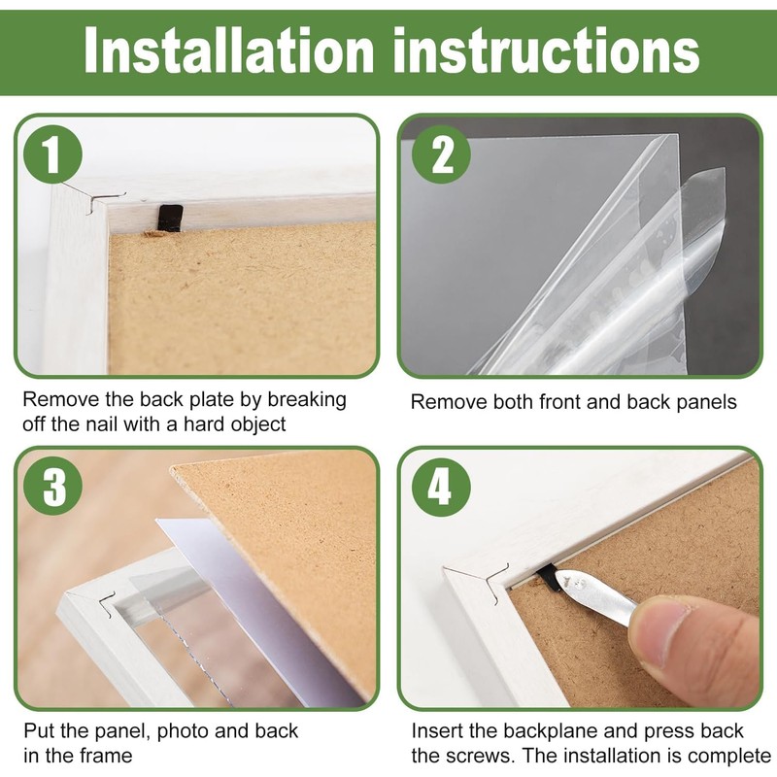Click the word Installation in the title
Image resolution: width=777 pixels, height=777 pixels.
click(x=229, y=50)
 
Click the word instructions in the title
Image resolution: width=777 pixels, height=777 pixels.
click(x=546, y=50)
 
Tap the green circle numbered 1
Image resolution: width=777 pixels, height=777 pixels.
click(x=52, y=154)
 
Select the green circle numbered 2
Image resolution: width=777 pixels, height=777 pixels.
click(x=441, y=154)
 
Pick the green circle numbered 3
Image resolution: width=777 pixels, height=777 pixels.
click(x=52, y=487)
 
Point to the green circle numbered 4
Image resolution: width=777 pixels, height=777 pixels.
click(x=441, y=488)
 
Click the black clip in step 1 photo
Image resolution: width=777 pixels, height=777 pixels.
click(x=170, y=217)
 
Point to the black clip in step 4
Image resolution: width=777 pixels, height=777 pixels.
click(x=549, y=578)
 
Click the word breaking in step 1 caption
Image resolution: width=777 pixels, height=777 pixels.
click(x=307, y=400)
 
